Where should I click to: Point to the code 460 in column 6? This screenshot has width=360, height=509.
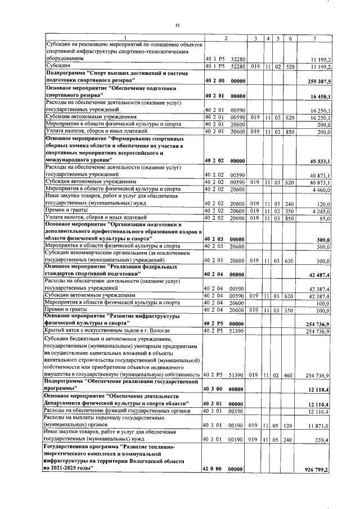point(290,374)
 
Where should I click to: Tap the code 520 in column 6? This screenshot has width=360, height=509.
point(290,66)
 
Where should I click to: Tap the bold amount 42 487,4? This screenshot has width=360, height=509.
point(322,274)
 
